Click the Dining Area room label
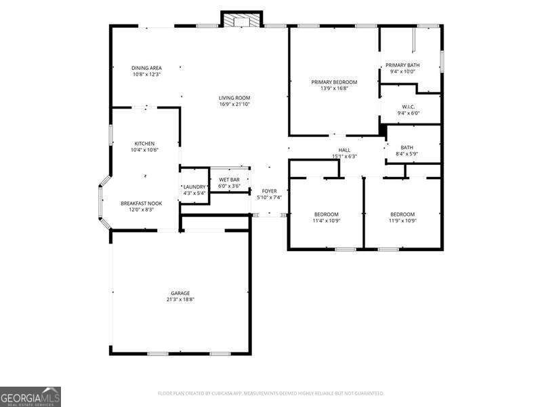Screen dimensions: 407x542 (146, 68)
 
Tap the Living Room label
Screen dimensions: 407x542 (234, 98)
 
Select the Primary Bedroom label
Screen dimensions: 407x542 (334, 82)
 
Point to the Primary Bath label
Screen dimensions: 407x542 (403, 65)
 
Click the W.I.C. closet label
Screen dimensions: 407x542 (408, 106)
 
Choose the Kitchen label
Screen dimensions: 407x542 (144, 144)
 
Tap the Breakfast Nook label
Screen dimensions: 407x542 (141, 203)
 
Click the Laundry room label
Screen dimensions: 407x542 (194, 187)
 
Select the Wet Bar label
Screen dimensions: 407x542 (229, 180)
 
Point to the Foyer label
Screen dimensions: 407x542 (270, 191)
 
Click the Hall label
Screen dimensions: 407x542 (344, 150)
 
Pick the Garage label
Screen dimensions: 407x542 (180, 293)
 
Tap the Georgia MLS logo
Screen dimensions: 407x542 (30, 396)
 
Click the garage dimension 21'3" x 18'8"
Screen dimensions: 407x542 (180, 299)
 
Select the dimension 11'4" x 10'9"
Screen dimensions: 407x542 (326, 220)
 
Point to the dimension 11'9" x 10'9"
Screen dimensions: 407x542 (402, 220)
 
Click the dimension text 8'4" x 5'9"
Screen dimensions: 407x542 (407, 153)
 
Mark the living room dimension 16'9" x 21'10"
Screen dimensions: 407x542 (234, 104)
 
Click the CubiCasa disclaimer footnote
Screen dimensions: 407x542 (271, 393)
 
